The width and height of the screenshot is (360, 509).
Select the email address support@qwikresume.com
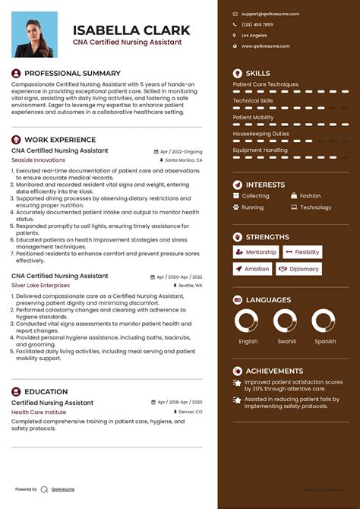point(270,14)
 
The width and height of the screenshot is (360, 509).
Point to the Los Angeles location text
point(254,36)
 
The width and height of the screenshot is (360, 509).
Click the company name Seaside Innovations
point(38,160)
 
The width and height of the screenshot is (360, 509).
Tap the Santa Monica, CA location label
point(183,161)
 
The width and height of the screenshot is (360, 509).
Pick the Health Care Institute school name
point(39,412)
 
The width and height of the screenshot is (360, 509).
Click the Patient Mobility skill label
point(254,118)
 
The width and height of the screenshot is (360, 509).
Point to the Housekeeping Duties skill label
point(261,134)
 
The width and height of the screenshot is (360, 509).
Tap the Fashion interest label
point(310,196)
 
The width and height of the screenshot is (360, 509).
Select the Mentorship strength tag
point(255,252)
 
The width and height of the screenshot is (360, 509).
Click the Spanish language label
point(325,342)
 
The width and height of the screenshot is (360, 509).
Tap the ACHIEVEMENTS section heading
point(274,371)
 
